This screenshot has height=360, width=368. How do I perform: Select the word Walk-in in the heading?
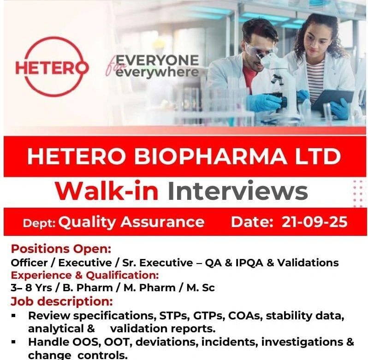108,192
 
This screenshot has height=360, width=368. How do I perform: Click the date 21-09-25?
315,222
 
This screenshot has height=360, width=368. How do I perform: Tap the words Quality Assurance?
131,222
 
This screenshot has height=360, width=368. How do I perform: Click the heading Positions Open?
61,249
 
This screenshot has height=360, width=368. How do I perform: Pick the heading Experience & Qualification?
85,276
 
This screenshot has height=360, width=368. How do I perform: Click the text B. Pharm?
81,288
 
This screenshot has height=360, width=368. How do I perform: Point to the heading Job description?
61,301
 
